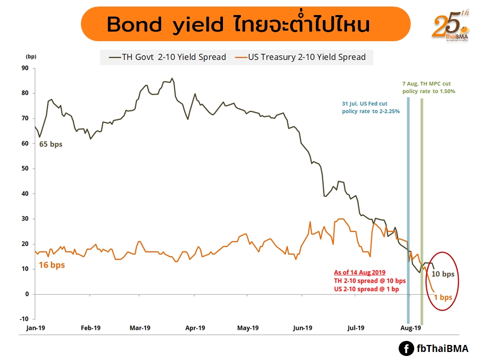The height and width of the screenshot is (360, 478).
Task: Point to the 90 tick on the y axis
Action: tap(24, 68)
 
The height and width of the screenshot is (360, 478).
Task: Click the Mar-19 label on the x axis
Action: tap(140, 328)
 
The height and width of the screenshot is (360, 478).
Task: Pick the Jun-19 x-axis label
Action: tap(302, 328)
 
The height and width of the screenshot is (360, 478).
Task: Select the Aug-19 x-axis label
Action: tap(411, 328)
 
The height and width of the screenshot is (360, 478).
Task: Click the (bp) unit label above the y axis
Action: tap(31, 56)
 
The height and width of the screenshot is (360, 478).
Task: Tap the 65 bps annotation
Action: tap(51, 145)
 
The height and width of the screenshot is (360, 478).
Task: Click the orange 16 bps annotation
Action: tap(52, 265)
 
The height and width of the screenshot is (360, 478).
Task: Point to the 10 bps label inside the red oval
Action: tap(443, 274)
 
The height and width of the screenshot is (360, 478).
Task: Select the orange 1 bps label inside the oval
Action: tap(443, 297)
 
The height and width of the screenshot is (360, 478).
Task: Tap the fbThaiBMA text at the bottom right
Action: tap(442, 348)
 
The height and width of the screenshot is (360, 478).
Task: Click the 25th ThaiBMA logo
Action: tap(449, 27)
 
